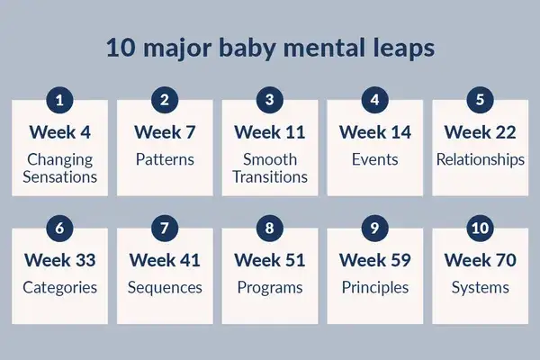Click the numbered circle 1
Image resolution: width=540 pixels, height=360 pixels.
pos(59,100)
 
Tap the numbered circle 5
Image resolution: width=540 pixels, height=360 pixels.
pos(480,100)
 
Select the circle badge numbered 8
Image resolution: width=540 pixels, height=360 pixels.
pos(270,229)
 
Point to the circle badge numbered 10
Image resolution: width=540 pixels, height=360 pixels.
pos(480,229)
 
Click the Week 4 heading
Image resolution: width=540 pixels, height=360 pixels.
pos(59,132)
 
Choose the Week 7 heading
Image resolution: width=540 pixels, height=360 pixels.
pos(165,132)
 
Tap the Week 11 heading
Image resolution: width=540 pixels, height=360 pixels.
pos(270,132)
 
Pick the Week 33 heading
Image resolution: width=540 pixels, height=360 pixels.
pos(59,261)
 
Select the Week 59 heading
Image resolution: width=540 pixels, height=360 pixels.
pos(375,261)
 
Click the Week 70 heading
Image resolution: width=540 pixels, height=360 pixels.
pos(480,261)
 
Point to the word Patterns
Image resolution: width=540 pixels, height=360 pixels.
pos(165,159)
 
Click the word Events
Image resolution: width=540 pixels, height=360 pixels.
pos(375,159)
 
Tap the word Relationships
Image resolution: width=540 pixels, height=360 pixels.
pos(480,159)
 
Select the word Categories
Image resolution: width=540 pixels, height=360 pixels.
pos(59,288)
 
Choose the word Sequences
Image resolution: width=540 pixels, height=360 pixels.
pos(165,288)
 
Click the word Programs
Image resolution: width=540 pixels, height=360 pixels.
pos(270,288)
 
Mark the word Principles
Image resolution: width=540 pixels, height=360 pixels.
pos(375,288)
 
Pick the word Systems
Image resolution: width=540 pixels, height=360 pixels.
pos(480,288)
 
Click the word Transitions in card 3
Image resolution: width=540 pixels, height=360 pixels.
pos(270,176)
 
